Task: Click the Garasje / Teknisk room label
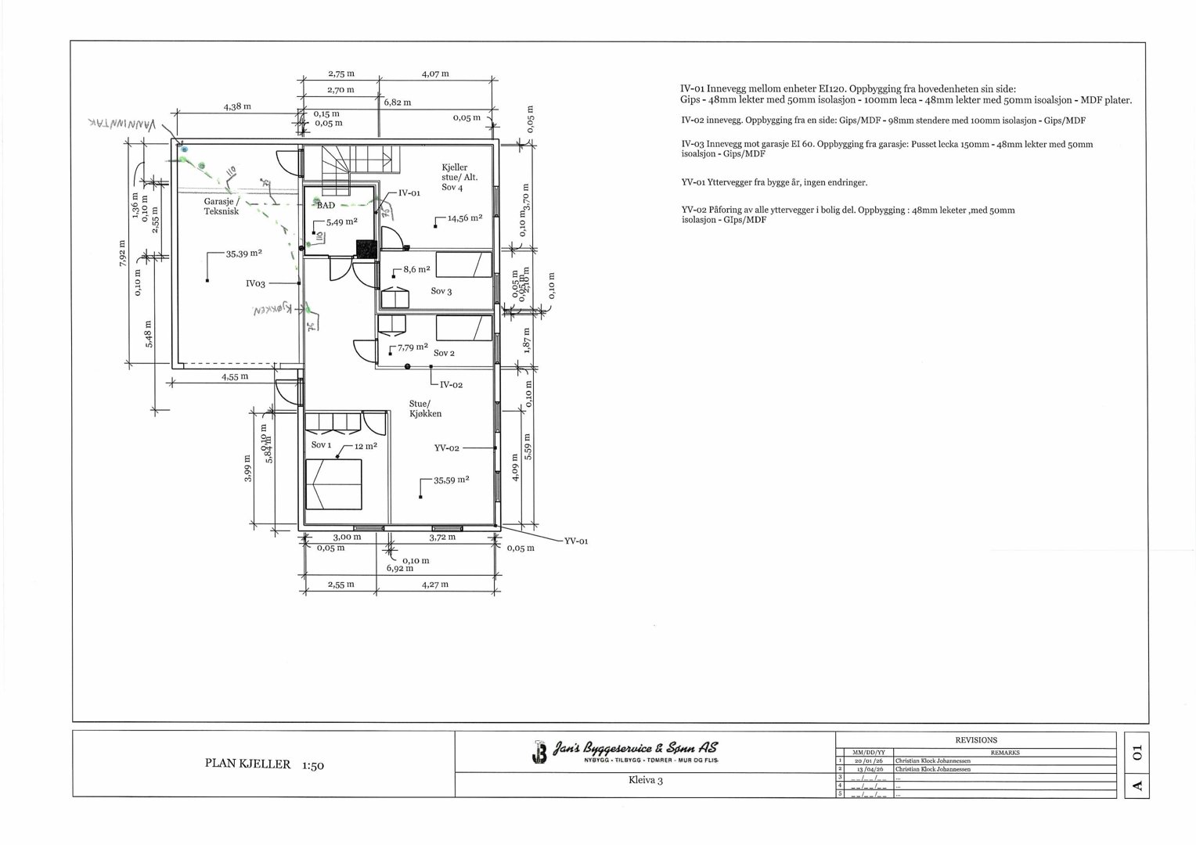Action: coord(221,207)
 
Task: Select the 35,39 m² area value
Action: coord(243,253)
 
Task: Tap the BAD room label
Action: coord(326,205)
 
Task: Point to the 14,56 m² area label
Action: coord(464,218)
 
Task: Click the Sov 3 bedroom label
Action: coord(441,291)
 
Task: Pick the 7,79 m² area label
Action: coord(412,347)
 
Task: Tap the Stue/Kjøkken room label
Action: coord(425,408)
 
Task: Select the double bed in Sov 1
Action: coord(333,484)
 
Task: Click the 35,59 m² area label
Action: coord(451,480)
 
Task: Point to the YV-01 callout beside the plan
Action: coord(576,541)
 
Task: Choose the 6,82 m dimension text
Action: coord(397,102)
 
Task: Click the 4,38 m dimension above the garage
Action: coord(236,106)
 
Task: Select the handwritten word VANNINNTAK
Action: coord(122,124)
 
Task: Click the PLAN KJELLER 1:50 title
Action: coord(264,764)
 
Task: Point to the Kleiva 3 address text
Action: coord(645,780)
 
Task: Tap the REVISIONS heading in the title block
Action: coord(976,739)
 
